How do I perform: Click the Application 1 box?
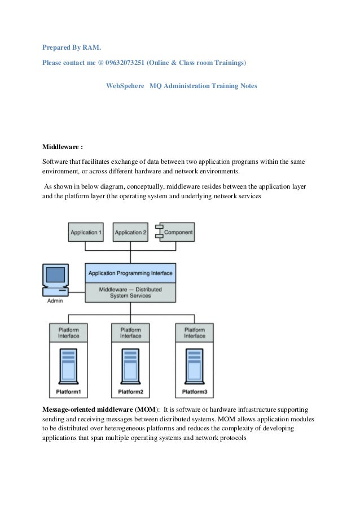[x=86, y=232]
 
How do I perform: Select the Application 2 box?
[x=131, y=232]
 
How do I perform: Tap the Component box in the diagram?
[x=176, y=232]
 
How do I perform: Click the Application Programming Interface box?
[x=130, y=273]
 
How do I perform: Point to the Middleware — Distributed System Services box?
[x=130, y=292]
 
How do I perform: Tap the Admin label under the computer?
[x=55, y=301]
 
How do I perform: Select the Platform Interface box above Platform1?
[x=68, y=333]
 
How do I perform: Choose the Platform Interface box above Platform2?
[x=130, y=333]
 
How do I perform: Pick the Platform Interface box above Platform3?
[x=195, y=333]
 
